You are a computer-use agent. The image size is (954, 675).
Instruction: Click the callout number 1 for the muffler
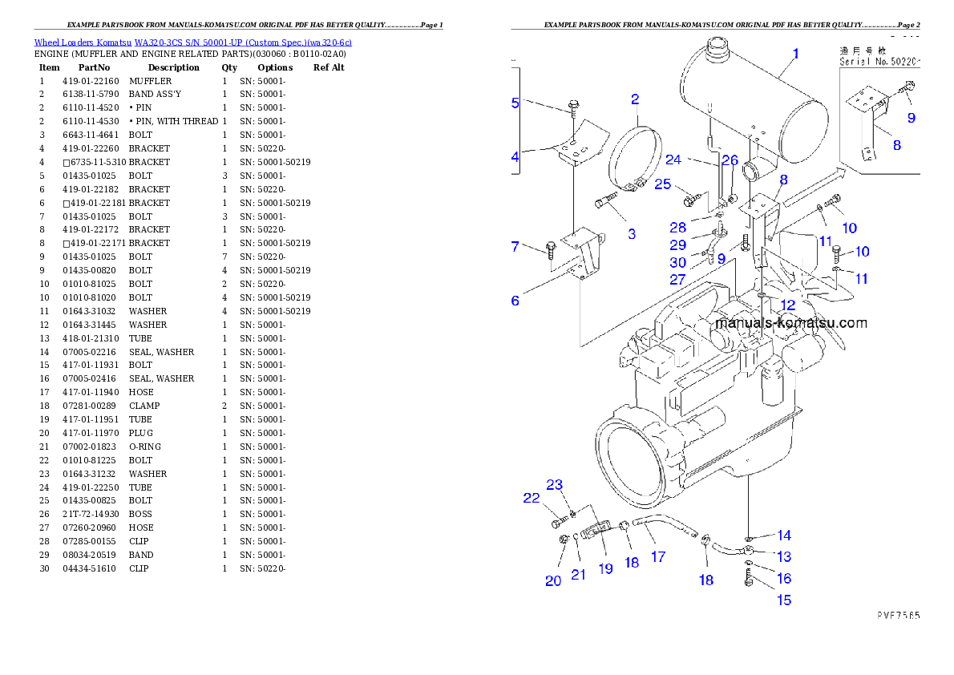tap(795, 55)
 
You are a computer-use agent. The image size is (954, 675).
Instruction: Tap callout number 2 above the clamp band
tap(635, 99)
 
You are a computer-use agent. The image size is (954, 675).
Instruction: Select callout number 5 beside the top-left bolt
tap(515, 103)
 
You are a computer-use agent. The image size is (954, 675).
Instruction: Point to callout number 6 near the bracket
tap(515, 301)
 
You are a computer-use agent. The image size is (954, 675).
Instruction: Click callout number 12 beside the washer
tap(788, 305)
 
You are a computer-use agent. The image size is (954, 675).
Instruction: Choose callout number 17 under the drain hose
tap(658, 556)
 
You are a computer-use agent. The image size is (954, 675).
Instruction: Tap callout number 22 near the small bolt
tap(532, 498)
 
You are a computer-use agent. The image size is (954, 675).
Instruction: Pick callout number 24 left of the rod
tap(673, 160)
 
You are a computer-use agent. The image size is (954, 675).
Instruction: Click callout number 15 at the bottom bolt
tap(783, 600)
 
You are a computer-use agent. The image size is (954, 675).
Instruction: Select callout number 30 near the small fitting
tap(678, 263)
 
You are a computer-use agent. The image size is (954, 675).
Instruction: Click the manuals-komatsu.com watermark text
tap(790, 324)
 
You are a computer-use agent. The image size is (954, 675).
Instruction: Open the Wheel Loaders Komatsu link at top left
tap(192, 42)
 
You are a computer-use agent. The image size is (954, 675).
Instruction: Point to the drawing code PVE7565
tap(896, 616)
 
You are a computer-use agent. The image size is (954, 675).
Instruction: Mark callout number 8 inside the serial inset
tap(896, 145)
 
